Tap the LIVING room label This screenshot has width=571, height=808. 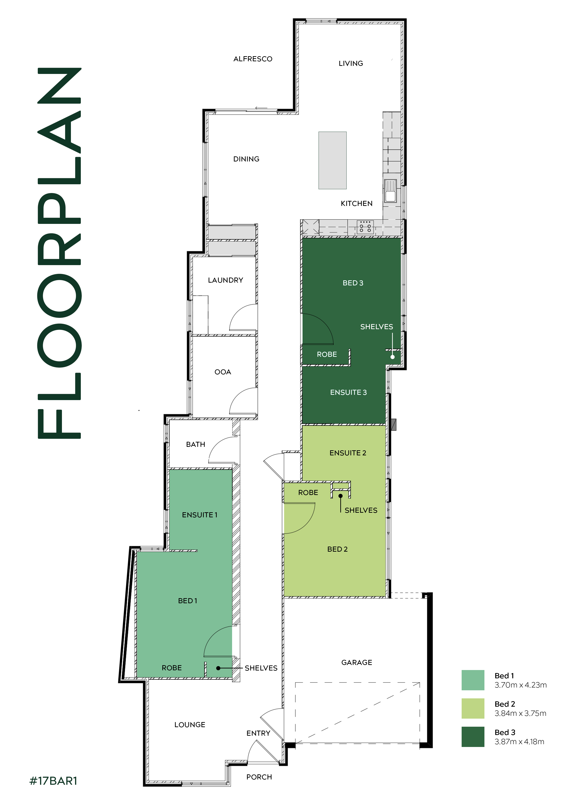pyautogui.click(x=351, y=63)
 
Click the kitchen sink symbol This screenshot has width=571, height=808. pyautogui.click(x=390, y=191)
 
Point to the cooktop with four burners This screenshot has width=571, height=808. pyautogui.click(x=365, y=227)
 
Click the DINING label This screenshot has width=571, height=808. pyautogui.click(x=246, y=159)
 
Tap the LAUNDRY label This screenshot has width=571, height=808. pyautogui.click(x=225, y=280)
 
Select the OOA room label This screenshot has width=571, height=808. pyautogui.click(x=223, y=372)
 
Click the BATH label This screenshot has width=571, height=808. pyautogui.click(x=196, y=445)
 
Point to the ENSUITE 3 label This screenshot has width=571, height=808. pyautogui.click(x=348, y=392)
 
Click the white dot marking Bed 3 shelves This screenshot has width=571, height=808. pyautogui.click(x=393, y=357)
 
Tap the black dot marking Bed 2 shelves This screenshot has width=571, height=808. pyautogui.click(x=341, y=496)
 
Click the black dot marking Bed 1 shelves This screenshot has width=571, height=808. pyautogui.click(x=218, y=668)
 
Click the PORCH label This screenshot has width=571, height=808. pyautogui.click(x=259, y=777)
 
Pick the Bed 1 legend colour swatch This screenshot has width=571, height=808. pyautogui.click(x=473, y=680)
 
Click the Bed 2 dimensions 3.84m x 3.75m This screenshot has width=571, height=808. pyautogui.click(x=520, y=713)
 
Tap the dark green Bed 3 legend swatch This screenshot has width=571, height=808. pyautogui.click(x=473, y=737)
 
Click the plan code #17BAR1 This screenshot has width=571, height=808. pyautogui.click(x=53, y=781)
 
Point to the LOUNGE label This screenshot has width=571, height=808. pyautogui.click(x=190, y=725)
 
